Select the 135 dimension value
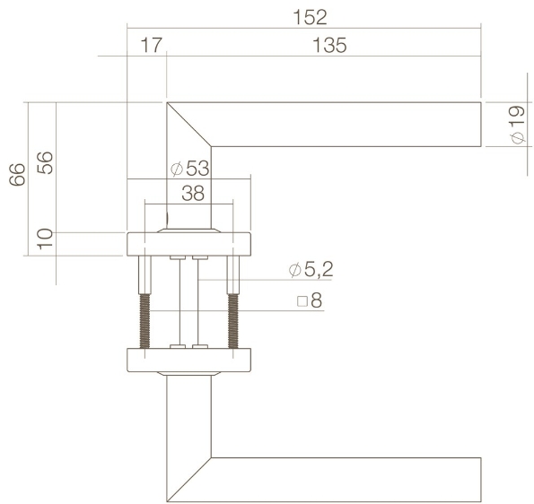pyautogui.click(x=329, y=46)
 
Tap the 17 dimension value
pyautogui.click(x=149, y=46)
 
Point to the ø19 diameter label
pyautogui.click(x=516, y=125)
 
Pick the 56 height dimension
pyautogui.click(x=46, y=164)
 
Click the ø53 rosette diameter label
pyautogui.click(x=188, y=168)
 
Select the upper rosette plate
pyautogui.click(x=189, y=243)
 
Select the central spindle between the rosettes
pyautogui.click(x=182, y=300)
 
